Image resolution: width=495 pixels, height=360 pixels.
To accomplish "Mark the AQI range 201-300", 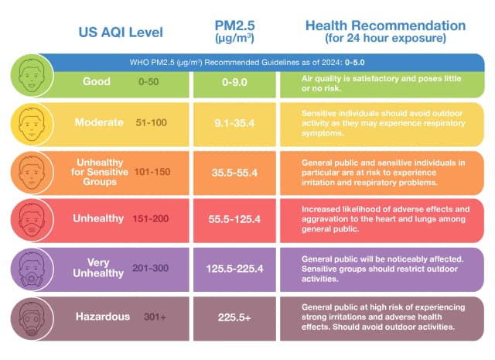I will pos(160,268).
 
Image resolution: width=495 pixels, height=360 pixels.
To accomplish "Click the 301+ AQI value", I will pos(155,317).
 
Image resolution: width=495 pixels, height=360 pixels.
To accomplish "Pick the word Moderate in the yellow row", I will pos(101,122).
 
